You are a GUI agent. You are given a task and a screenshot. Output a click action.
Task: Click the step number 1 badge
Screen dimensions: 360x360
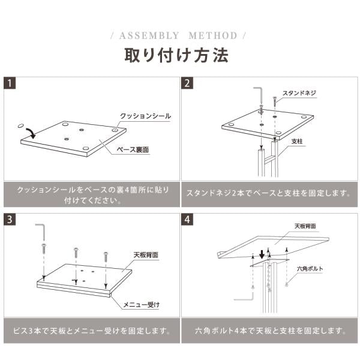[10, 83]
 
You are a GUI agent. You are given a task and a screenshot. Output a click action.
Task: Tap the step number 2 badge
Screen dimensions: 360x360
[187, 83]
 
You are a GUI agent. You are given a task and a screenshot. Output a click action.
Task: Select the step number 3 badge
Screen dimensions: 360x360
[10, 219]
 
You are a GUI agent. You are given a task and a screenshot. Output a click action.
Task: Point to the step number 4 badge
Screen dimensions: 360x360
[187, 219]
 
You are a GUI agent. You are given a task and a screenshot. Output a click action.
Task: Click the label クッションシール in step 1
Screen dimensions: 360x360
[146, 116]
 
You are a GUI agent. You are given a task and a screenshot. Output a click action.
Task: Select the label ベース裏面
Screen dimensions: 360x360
[133, 149]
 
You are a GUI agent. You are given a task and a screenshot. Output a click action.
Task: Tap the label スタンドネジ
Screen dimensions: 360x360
[299, 93]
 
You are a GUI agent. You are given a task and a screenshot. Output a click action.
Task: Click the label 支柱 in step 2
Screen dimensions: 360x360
[297, 141]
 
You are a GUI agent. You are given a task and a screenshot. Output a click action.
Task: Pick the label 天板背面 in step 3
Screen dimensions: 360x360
[146, 255]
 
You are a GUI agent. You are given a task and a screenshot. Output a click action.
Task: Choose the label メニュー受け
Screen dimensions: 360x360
[141, 305]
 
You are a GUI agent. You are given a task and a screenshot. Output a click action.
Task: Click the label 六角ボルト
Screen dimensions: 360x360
[310, 269]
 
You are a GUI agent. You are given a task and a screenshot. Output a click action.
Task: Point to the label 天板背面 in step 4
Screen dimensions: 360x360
[305, 226]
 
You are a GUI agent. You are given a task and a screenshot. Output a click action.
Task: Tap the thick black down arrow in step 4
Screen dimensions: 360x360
[262, 254]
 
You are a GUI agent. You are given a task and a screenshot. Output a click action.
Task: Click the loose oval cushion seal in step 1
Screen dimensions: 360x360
[20, 125]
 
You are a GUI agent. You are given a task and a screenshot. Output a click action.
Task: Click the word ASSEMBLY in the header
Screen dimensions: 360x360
[149, 35]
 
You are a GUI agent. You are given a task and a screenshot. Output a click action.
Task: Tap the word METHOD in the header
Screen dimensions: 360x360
[213, 35]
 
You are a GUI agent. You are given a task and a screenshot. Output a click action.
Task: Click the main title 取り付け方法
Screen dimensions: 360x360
[176, 55]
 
